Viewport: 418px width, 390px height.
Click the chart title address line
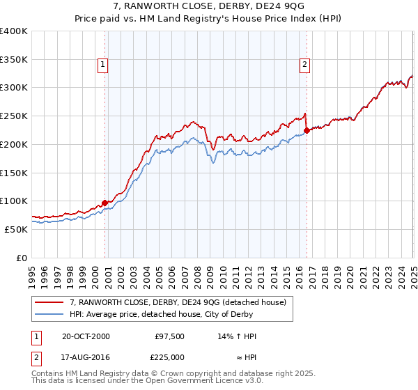[208, 8]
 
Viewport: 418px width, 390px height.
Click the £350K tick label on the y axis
[14, 59]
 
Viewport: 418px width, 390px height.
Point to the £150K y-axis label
[14, 172]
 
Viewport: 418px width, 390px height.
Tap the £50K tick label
[17, 229]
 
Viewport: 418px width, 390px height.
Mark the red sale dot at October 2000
[105, 203]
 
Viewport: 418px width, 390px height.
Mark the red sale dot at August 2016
[307, 130]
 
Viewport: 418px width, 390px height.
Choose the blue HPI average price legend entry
[180, 315]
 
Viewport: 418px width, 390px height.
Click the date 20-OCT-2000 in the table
[86, 336]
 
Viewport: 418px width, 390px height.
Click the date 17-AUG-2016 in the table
[86, 357]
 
